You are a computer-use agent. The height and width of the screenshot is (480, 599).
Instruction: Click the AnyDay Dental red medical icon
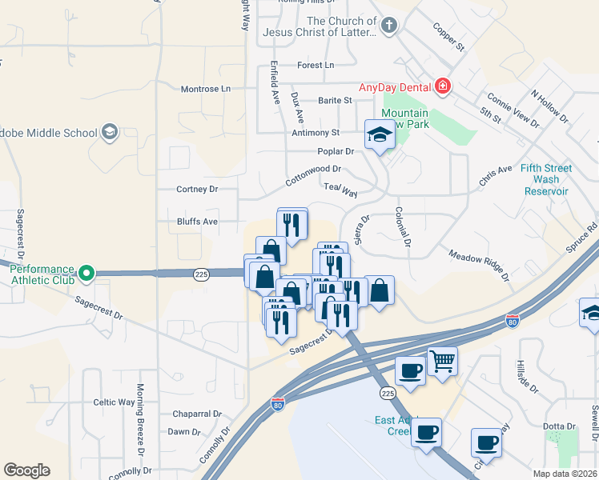[x=441, y=86]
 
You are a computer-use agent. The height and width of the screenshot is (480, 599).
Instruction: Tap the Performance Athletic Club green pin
[x=86, y=274]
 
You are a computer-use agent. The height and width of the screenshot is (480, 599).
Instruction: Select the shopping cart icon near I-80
[x=442, y=361]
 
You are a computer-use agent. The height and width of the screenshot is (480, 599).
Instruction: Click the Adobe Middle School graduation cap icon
[x=109, y=132]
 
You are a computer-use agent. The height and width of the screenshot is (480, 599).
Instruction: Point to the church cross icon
[x=388, y=26]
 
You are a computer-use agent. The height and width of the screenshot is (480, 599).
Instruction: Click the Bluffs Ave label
[x=197, y=222]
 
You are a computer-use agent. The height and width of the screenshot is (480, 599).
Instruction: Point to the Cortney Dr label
[x=197, y=190]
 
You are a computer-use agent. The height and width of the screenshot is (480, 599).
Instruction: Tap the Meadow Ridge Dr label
[x=479, y=265]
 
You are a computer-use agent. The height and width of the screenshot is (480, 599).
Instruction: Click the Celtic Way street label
[x=115, y=402]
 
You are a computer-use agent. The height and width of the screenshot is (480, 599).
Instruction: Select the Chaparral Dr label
[x=197, y=414]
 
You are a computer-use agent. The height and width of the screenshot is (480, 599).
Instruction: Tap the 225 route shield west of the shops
[x=201, y=274]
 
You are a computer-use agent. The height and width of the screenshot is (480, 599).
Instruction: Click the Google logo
[x=26, y=470]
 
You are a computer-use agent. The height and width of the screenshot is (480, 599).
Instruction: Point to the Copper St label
[x=449, y=37]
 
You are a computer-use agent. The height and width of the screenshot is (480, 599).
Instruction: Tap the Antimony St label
[x=316, y=132]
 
